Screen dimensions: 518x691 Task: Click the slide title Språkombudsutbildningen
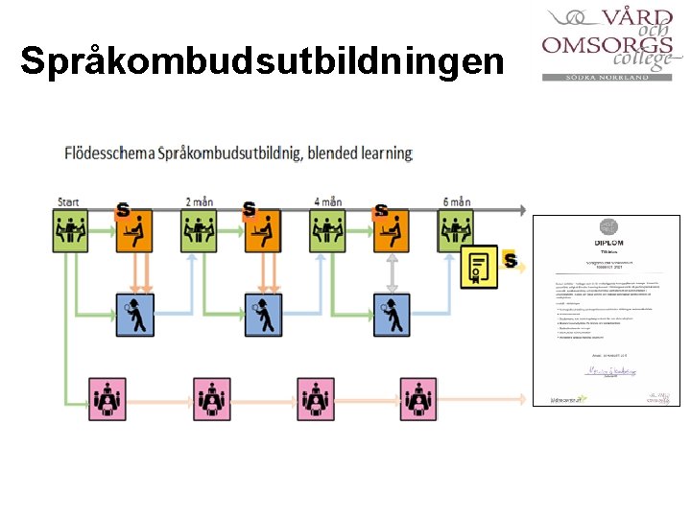262,60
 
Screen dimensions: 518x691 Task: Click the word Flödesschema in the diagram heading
109,153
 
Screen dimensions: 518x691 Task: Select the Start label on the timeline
68,201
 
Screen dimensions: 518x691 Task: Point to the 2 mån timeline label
199,201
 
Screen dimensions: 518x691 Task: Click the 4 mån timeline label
328,201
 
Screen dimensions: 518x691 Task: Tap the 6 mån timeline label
457,201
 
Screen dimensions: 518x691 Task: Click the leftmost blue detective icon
134,314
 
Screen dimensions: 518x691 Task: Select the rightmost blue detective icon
392,314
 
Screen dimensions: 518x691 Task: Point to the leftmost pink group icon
108,398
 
